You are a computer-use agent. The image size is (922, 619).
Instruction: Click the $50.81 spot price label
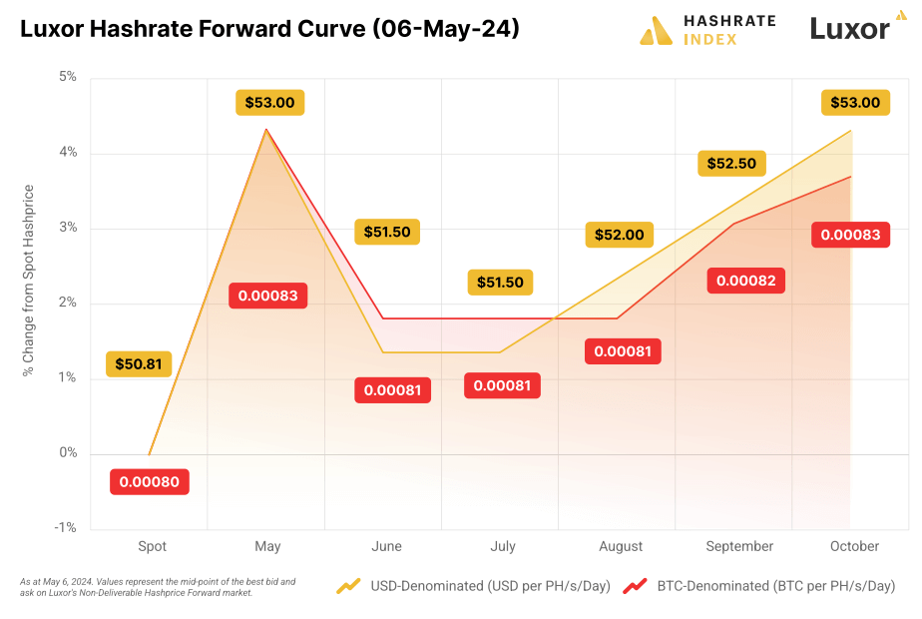(139, 364)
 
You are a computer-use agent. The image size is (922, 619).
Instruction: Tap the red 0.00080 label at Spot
(150, 482)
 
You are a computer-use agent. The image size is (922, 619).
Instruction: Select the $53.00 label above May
(269, 102)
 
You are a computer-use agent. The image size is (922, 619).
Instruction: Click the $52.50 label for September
(731, 163)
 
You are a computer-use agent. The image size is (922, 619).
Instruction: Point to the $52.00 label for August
(620, 235)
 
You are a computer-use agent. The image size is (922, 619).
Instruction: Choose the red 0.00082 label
(746, 280)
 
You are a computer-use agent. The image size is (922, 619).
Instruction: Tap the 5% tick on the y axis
(68, 77)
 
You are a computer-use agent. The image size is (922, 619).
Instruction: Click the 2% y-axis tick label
(68, 303)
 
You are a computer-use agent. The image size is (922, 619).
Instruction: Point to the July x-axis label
(503, 547)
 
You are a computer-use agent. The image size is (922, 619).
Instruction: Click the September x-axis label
(739, 547)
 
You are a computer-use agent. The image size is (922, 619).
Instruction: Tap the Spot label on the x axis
(152, 547)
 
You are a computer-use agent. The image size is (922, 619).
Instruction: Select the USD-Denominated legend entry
(474, 586)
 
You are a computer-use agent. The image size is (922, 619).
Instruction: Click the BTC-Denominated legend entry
(758, 586)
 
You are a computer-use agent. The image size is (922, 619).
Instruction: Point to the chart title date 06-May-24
(446, 30)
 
